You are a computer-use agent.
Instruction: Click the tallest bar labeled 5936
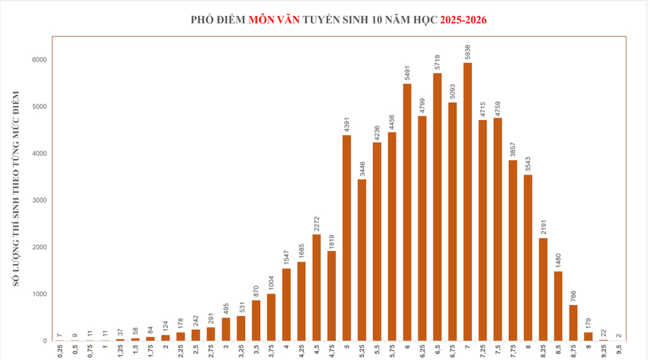pyautogui.click(x=467, y=201)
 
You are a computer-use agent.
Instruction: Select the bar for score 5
pyautogui.click(x=346, y=238)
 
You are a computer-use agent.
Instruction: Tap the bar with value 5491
pyautogui.click(x=407, y=212)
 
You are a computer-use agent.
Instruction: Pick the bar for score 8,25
pyautogui.click(x=543, y=289)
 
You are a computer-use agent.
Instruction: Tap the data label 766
pyautogui.click(x=573, y=296)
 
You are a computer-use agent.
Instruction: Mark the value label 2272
pyautogui.click(x=317, y=223)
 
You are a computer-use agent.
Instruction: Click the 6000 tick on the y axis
pyautogui.click(x=41, y=60)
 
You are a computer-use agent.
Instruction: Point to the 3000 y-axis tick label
pyautogui.click(x=41, y=200)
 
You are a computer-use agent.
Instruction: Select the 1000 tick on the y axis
pyautogui.click(x=41, y=294)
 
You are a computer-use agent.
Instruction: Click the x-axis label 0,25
pyautogui.click(x=60, y=352)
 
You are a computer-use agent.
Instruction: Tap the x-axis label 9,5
pyautogui.click(x=619, y=352)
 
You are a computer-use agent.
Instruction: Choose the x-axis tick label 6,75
pyautogui.click(x=452, y=352)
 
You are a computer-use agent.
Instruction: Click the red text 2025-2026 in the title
pyautogui.click(x=463, y=19)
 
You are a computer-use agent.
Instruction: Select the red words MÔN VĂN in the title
pyautogui.click(x=274, y=19)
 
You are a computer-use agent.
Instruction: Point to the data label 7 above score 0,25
pyautogui.click(x=60, y=335)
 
